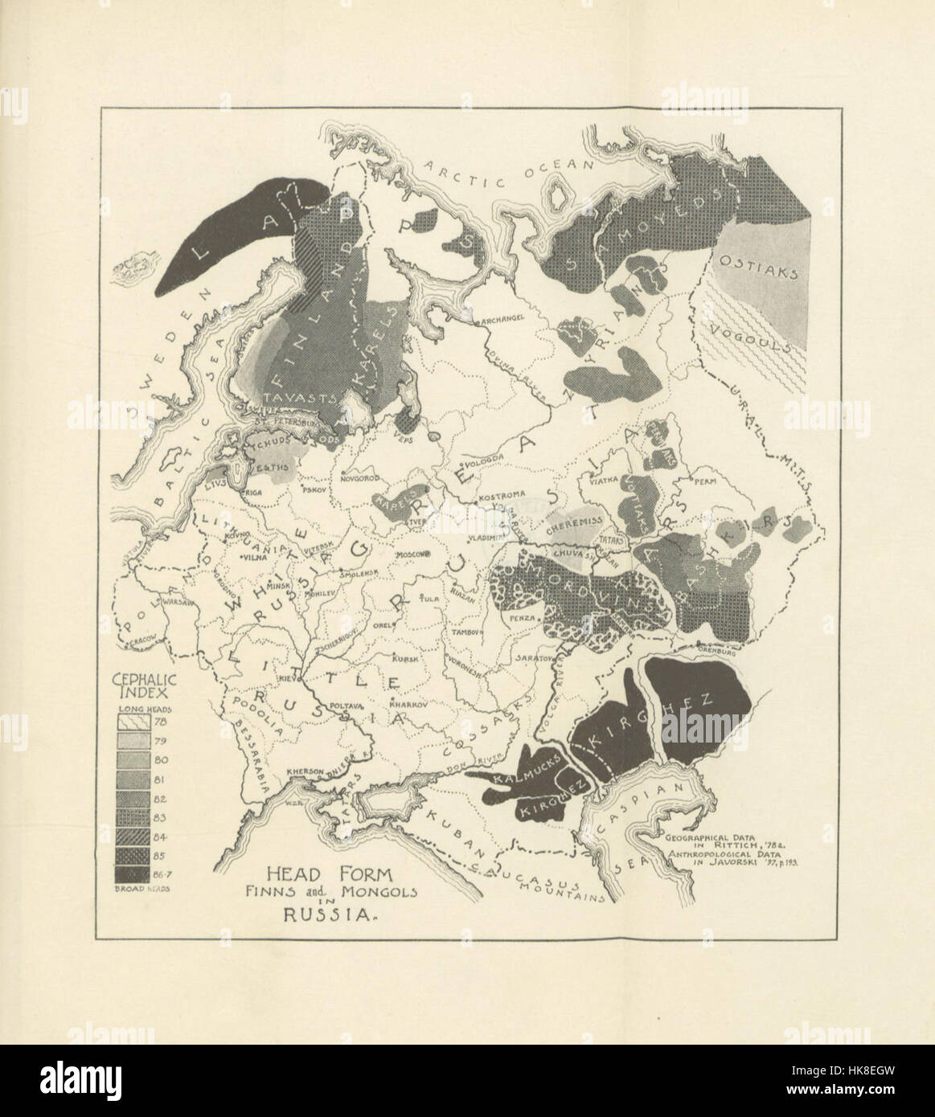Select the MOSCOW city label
point(412,554)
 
